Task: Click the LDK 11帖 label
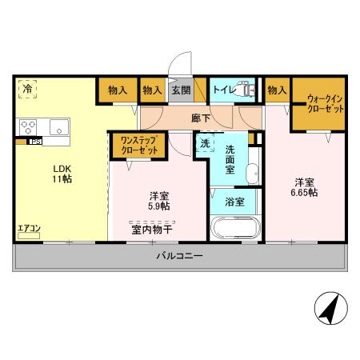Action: (x=62, y=174)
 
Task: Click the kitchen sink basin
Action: (x=60, y=127)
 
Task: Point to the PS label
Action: (x=35, y=143)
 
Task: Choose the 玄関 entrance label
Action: (x=179, y=91)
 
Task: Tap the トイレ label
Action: (x=223, y=91)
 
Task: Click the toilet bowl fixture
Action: (x=249, y=91)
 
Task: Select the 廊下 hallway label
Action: (x=201, y=117)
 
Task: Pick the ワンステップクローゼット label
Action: (x=138, y=145)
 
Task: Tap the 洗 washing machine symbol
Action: (x=205, y=145)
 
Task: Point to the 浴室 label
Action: (x=234, y=202)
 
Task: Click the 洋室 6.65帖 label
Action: (x=303, y=186)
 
